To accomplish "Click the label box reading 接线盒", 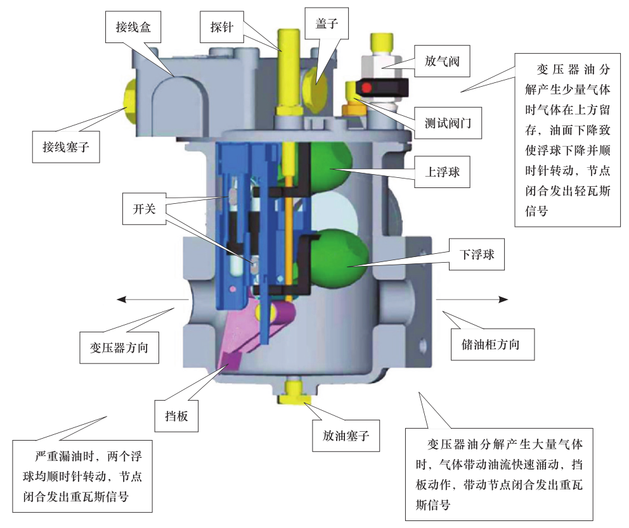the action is tap(133, 27).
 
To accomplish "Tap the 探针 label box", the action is tap(221, 27).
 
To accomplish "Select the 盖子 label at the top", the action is tap(327, 23).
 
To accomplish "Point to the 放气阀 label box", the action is tap(442, 61).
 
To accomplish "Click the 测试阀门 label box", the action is tap(448, 123).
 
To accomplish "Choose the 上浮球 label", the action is tap(442, 172).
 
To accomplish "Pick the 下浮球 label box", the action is tap(477, 255).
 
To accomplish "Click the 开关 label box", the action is tap(144, 209).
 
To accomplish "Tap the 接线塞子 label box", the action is tap(66, 147).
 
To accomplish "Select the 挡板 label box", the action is tap(176, 416).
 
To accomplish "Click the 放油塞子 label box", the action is tap(346, 436).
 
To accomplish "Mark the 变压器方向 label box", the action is tap(119, 348).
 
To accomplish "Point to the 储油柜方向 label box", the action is tap(493, 344).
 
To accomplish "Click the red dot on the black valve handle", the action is tap(367, 87).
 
